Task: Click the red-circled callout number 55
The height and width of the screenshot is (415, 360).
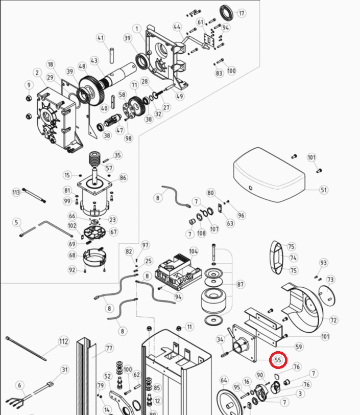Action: [x=278, y=360]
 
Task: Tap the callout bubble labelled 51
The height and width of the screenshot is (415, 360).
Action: [x=324, y=190]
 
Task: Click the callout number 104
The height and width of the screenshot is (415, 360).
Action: [x=193, y=251]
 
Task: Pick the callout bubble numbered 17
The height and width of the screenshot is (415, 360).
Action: [x=242, y=13]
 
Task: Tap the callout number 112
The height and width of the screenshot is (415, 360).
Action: [x=63, y=341]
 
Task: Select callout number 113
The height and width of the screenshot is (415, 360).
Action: [x=16, y=192]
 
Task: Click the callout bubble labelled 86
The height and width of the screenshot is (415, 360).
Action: [x=123, y=178]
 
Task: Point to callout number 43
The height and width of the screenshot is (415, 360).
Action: [x=94, y=61]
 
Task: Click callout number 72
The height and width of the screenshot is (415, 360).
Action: [x=333, y=320]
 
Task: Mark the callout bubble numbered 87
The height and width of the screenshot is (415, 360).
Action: [x=240, y=285]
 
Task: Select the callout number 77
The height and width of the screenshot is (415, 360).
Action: [x=109, y=349]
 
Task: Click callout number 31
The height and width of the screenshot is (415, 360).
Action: [x=64, y=370]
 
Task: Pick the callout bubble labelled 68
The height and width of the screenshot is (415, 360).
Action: [x=72, y=256]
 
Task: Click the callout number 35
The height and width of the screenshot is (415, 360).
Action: [x=118, y=155]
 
